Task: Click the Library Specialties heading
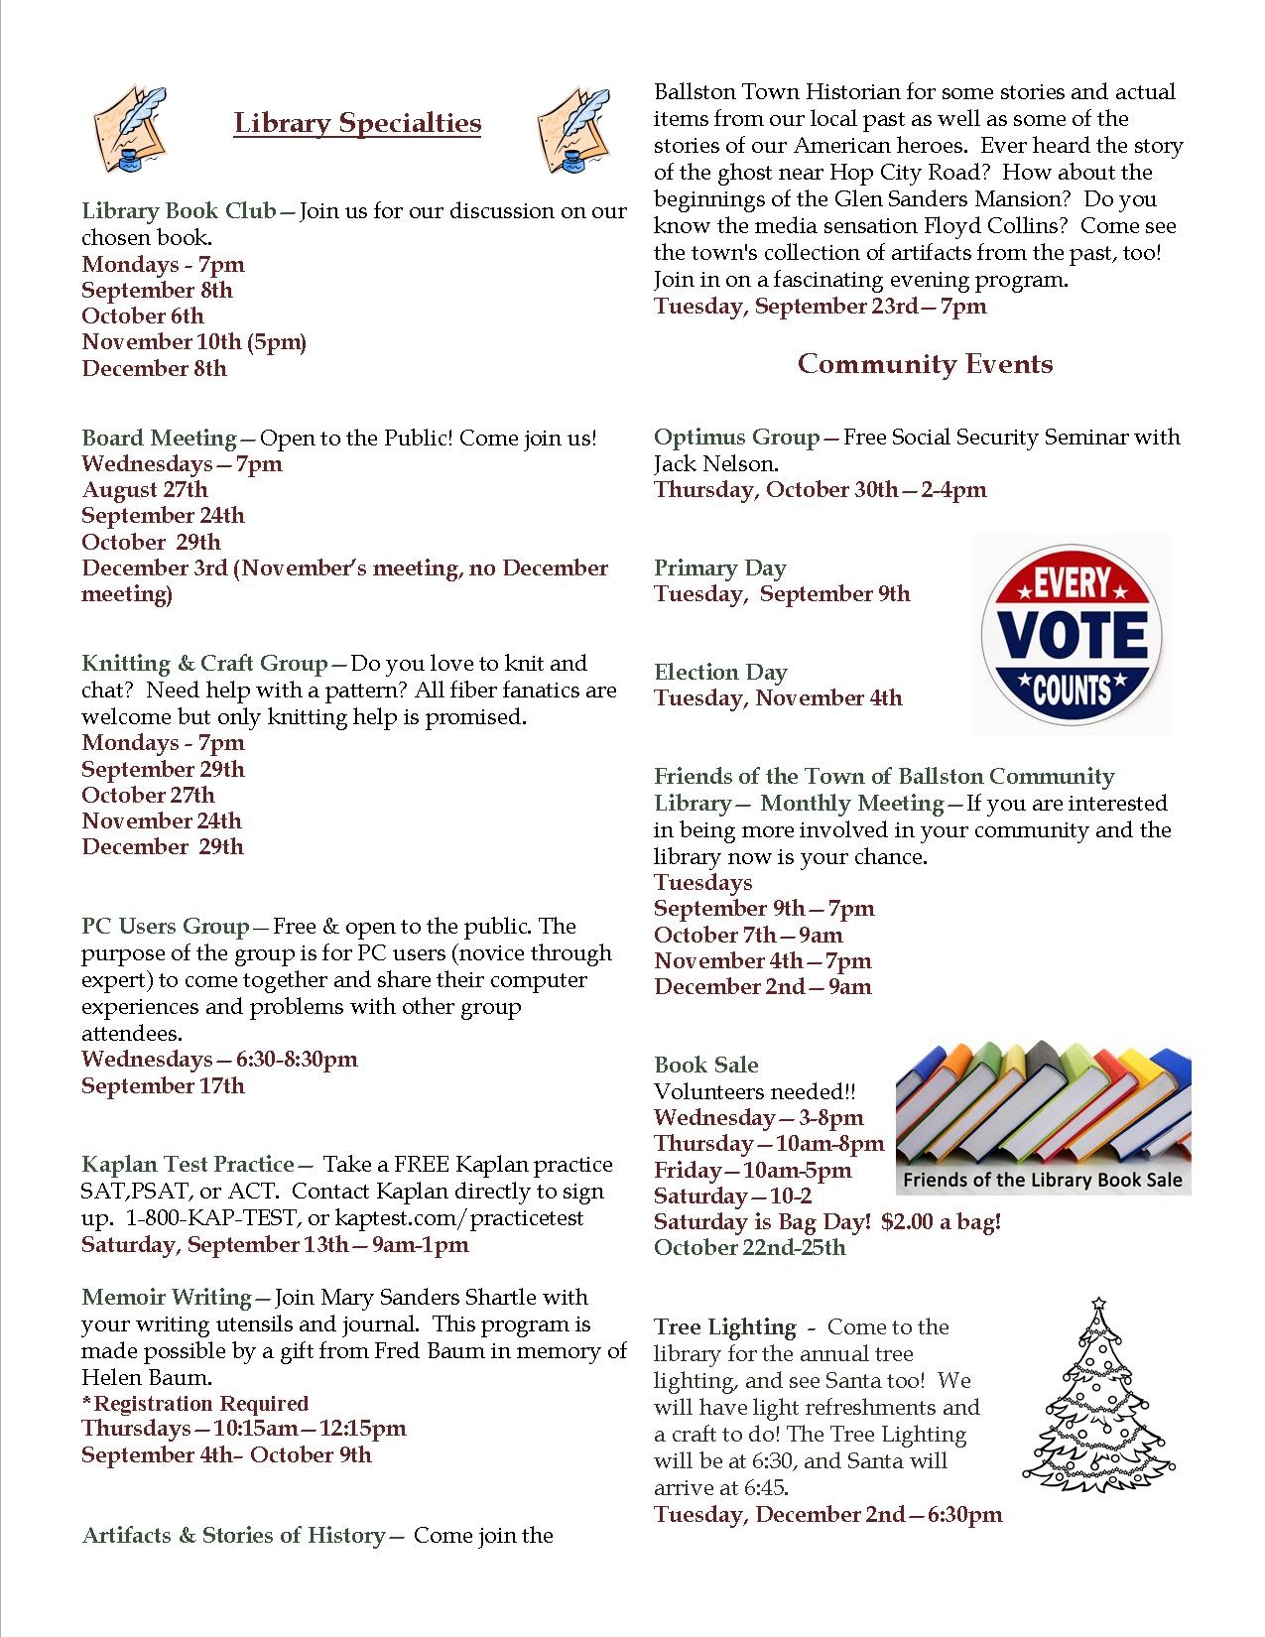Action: (357, 123)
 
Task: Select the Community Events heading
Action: (925, 364)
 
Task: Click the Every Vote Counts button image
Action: (1071, 634)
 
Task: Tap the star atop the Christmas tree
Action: (1098, 1304)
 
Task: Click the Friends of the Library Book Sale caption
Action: (1043, 1180)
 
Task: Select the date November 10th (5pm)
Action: (193, 342)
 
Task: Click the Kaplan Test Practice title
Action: (188, 1164)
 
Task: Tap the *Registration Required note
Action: (195, 1403)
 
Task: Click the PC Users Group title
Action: (166, 927)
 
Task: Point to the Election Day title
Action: (720, 673)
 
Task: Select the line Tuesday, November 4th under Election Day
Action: (778, 698)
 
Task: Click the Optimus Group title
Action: (737, 438)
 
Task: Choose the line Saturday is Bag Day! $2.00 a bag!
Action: (827, 1221)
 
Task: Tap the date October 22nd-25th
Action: (750, 1247)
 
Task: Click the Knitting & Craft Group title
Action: (204, 664)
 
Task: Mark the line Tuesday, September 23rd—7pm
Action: (820, 306)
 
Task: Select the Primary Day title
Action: (719, 568)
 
